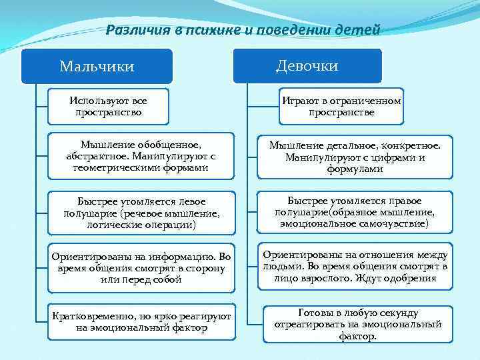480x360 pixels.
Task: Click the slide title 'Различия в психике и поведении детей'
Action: (243, 29)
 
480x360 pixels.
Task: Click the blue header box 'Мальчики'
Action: (97, 66)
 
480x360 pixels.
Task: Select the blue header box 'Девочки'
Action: (307, 65)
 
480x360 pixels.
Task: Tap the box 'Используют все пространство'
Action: (108, 107)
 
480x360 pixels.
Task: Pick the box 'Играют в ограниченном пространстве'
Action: (341, 107)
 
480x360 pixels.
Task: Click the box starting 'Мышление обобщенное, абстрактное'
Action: (141, 156)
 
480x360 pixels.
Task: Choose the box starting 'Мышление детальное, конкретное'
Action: (355, 156)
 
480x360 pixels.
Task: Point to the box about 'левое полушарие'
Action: (141, 213)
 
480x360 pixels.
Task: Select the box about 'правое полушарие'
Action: (355, 212)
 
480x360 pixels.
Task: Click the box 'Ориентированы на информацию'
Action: (141, 267)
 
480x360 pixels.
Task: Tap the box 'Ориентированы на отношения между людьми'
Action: (355, 266)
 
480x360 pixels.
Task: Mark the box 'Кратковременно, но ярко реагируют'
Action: (141, 321)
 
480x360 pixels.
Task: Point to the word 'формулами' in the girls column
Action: (355, 169)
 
